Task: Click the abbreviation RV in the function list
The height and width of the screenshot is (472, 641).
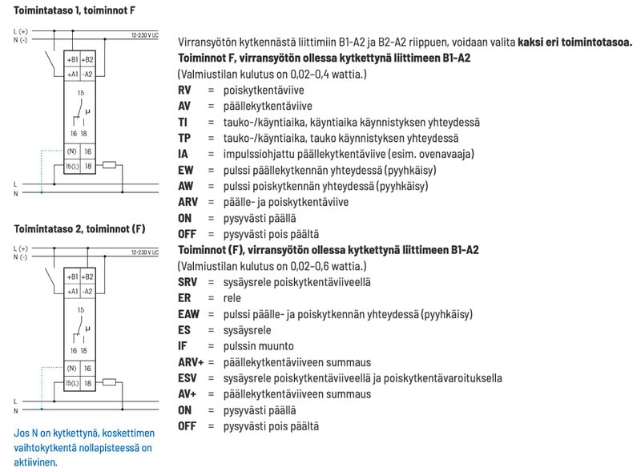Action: tap(185, 90)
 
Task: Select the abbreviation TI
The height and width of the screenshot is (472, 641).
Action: tap(183, 122)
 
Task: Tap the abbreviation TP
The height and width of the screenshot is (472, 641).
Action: tap(184, 138)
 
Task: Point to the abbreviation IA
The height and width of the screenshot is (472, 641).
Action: tap(183, 154)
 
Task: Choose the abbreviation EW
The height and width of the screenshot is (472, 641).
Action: tap(186, 170)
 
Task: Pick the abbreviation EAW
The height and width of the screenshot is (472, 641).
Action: tap(189, 314)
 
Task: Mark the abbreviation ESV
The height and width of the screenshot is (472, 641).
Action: tap(188, 378)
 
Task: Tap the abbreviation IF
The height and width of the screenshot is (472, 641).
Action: tap(183, 346)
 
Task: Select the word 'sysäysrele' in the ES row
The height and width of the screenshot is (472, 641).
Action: tap(248, 330)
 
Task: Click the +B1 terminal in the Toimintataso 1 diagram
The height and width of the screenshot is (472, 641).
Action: tap(72, 60)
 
